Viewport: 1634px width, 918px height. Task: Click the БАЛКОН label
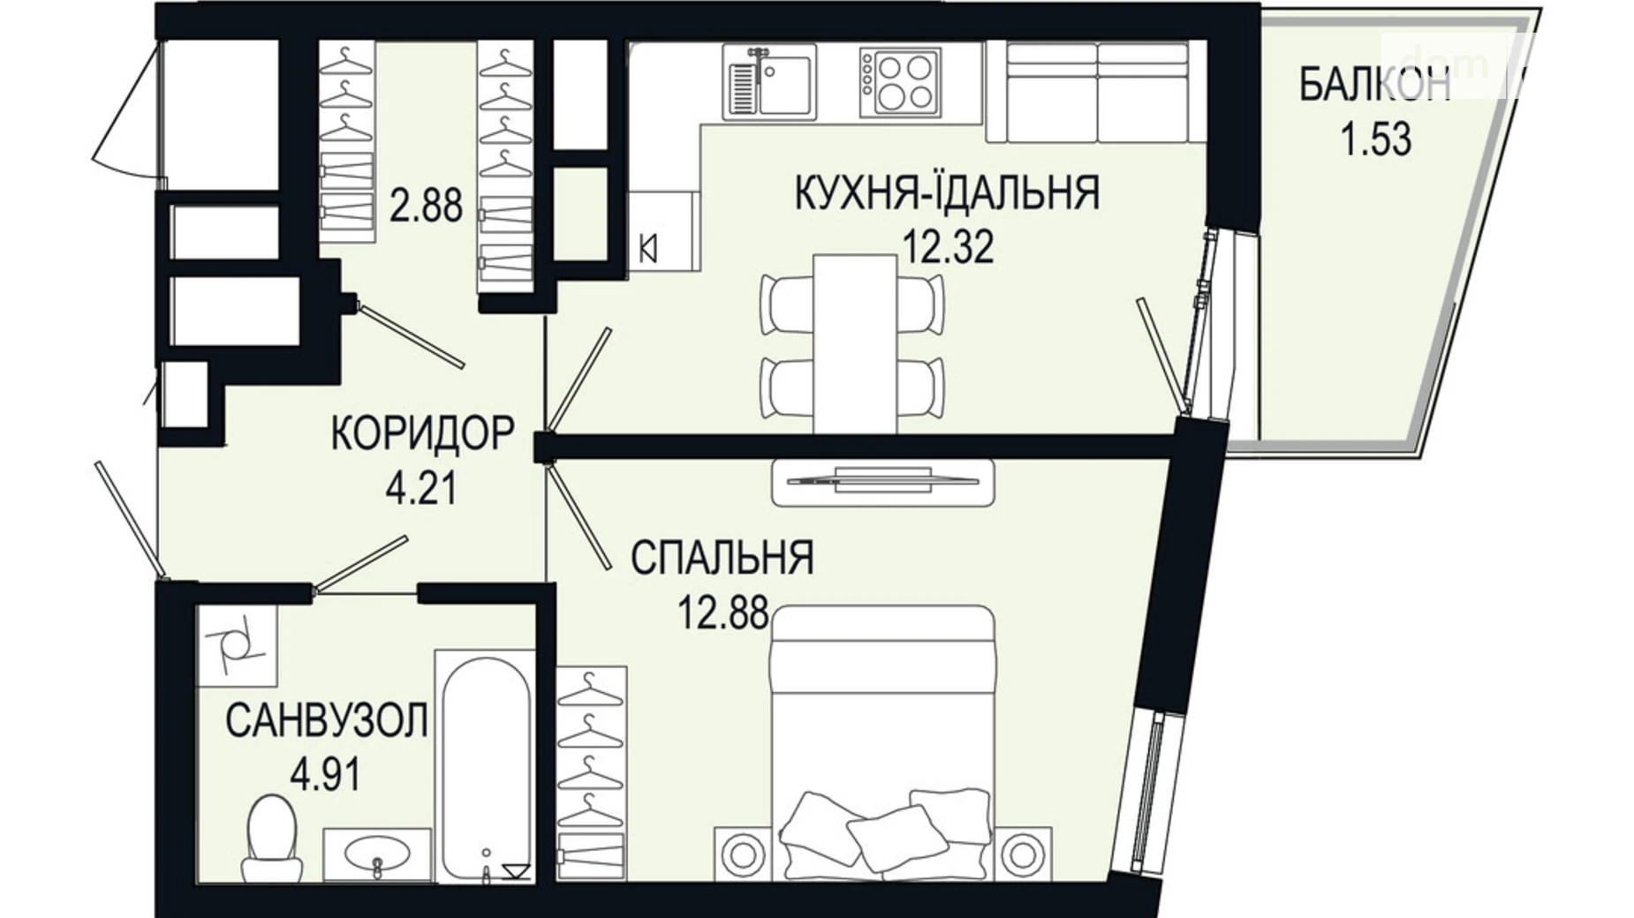pos(1374,87)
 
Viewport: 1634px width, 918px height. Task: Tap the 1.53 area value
pos(1376,140)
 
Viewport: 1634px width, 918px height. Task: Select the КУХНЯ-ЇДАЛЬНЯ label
pos(947,193)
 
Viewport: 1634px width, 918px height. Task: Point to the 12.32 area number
pos(947,246)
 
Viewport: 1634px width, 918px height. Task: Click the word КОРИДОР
pos(422,434)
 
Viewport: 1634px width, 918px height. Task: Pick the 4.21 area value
pos(422,487)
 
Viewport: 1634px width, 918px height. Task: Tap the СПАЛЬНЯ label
pos(722,559)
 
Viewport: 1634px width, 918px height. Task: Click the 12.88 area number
pos(722,612)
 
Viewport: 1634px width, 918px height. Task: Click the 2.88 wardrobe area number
pos(426,206)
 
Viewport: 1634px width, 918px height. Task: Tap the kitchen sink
pos(768,81)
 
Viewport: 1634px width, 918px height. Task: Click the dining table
pos(854,342)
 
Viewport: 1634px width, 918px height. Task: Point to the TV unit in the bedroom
pos(883,482)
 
